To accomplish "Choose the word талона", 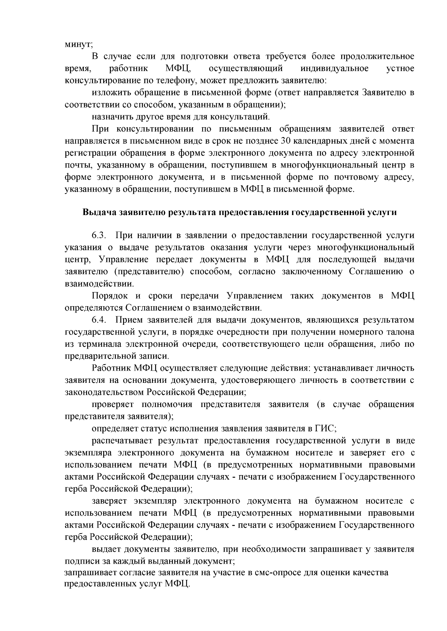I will tap(399, 332).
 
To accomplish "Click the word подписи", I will tap(79, 560).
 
